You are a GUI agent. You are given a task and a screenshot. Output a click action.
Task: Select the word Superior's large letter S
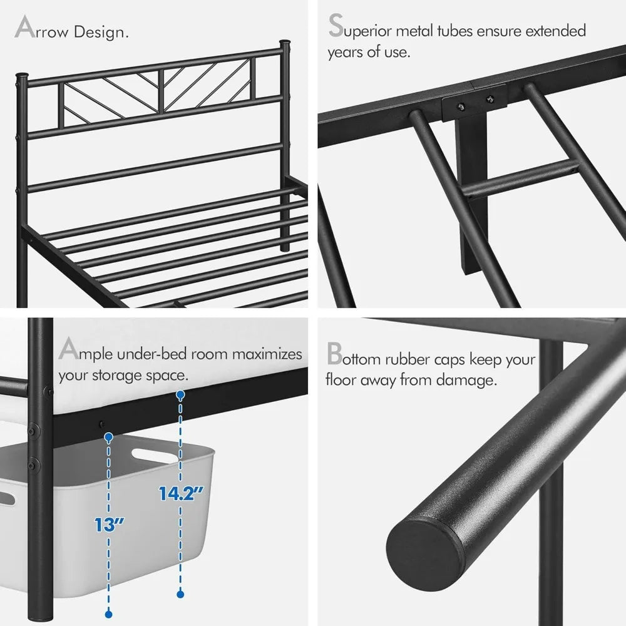tap(336, 28)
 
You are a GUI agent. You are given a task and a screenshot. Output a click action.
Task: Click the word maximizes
tap(267, 354)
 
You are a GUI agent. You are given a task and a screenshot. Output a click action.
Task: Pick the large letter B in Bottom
tap(334, 354)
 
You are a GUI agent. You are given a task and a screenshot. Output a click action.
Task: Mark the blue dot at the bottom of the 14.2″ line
tap(180, 592)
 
